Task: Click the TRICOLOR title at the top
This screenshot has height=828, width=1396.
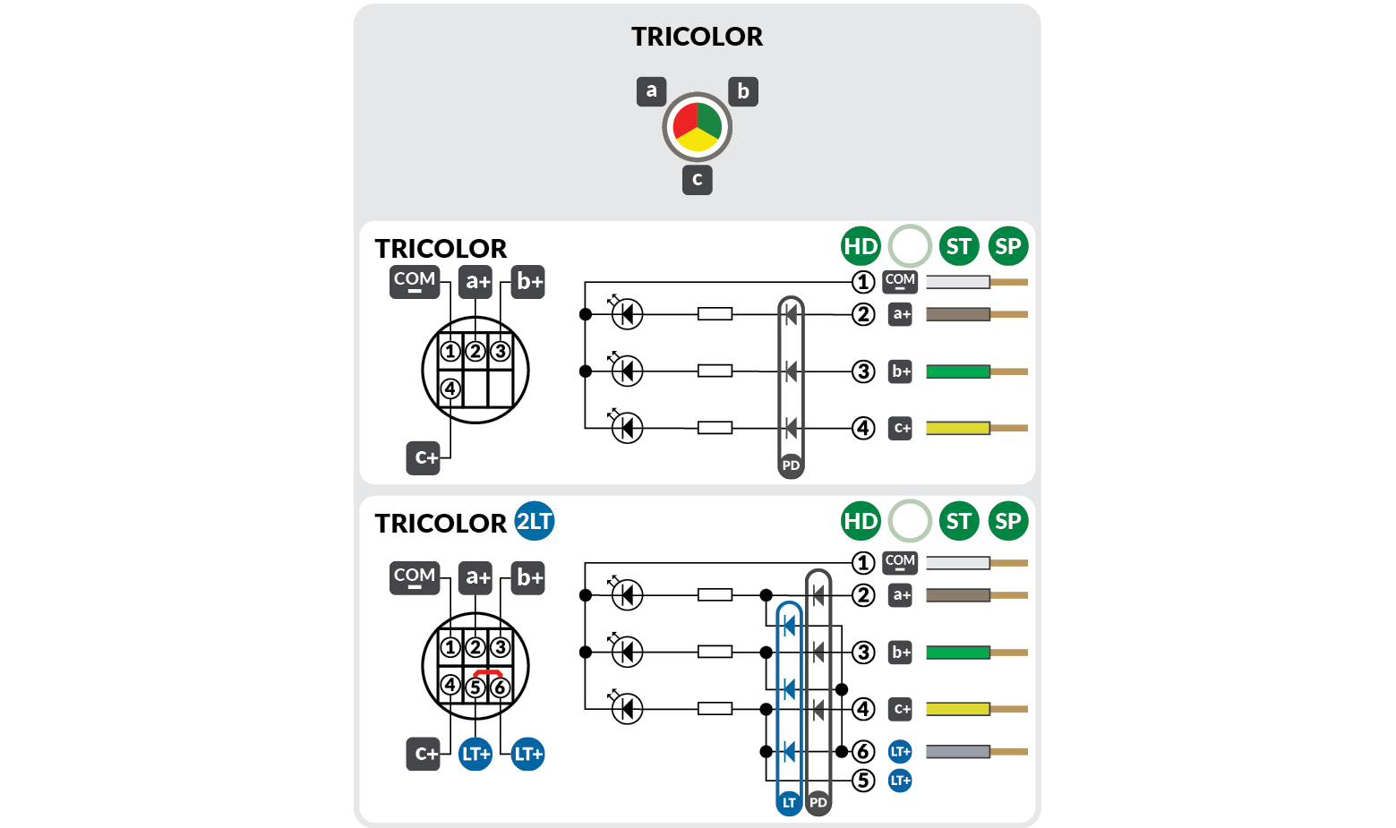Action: [x=697, y=37]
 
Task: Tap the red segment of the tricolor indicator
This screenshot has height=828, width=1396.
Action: [x=685, y=119]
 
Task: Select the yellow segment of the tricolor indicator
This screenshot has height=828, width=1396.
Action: [x=697, y=140]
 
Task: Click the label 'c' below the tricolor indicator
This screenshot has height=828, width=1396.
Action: [x=697, y=179]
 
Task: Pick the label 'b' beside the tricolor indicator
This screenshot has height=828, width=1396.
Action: [x=742, y=91]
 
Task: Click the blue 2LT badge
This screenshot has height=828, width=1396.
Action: [x=535, y=521]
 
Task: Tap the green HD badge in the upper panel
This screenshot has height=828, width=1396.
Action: [x=861, y=246]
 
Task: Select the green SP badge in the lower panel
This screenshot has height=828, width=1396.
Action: [x=1007, y=521]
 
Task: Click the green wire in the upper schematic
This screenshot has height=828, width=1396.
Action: [x=957, y=371]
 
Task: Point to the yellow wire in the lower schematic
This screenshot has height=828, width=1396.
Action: [x=957, y=709]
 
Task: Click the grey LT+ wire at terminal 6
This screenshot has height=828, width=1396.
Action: [x=957, y=752]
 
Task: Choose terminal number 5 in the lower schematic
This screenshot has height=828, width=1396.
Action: [x=862, y=781]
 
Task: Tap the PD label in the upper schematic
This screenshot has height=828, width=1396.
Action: [x=791, y=465]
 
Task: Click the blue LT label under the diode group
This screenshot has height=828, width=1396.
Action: [x=789, y=803]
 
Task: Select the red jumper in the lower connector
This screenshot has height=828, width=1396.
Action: [x=487, y=671]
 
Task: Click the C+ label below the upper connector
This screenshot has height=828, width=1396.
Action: [x=425, y=457]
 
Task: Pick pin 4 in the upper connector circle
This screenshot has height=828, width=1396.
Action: [x=450, y=388]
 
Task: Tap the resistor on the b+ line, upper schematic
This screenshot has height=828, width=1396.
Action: [x=715, y=371]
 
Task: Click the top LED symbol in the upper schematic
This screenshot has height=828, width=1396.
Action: [x=627, y=313]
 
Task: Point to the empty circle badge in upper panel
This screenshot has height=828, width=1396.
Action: [x=910, y=246]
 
